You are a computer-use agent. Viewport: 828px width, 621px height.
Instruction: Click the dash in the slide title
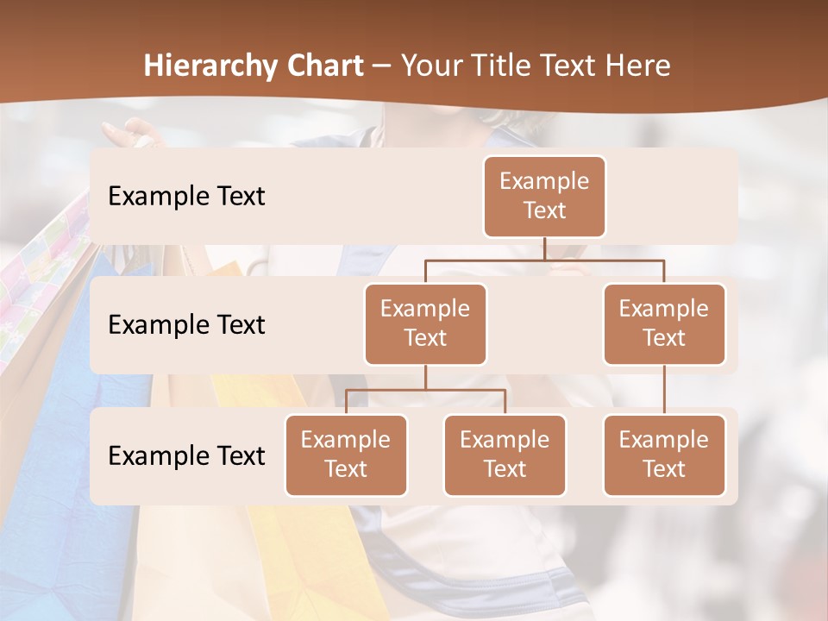(382, 66)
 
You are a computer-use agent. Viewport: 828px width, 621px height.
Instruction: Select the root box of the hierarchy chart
(544, 196)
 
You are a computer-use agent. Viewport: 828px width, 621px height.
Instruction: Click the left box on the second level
(425, 323)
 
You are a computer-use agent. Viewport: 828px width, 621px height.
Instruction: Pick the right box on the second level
(664, 323)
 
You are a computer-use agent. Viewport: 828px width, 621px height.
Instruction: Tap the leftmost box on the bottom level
(346, 455)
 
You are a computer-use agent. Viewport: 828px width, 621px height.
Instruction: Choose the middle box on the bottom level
(505, 455)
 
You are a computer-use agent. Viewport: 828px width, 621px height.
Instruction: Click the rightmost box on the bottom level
(664, 455)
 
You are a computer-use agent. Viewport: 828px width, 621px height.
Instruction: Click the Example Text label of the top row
(186, 196)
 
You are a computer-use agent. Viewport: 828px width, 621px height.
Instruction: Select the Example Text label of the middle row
(186, 324)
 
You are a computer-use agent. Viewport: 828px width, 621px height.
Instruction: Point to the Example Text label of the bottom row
(186, 455)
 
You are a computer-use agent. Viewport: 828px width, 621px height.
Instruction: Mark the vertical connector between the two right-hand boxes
(664, 389)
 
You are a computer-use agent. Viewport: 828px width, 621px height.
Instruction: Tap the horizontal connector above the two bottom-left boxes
(425, 390)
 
